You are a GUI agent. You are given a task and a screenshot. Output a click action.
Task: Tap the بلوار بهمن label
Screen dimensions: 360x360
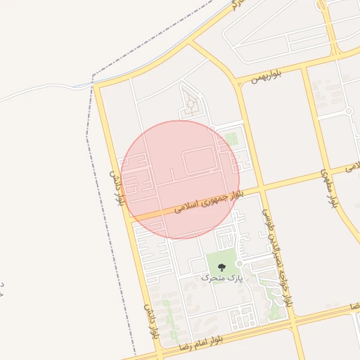(x=265, y=76)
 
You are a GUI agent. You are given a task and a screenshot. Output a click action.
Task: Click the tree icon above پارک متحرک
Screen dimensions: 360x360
(x=222, y=267)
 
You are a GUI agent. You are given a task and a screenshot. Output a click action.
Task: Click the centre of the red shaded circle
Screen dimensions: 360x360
(x=180, y=179)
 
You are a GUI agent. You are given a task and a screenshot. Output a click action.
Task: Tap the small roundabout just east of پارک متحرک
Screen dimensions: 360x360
(x=239, y=264)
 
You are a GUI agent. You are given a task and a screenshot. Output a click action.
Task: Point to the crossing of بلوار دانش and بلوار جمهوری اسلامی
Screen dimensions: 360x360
(x=129, y=218)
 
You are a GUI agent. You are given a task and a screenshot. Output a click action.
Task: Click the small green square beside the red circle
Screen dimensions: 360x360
(x=231, y=139)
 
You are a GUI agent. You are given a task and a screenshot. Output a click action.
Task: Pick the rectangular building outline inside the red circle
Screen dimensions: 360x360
(x=198, y=161)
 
